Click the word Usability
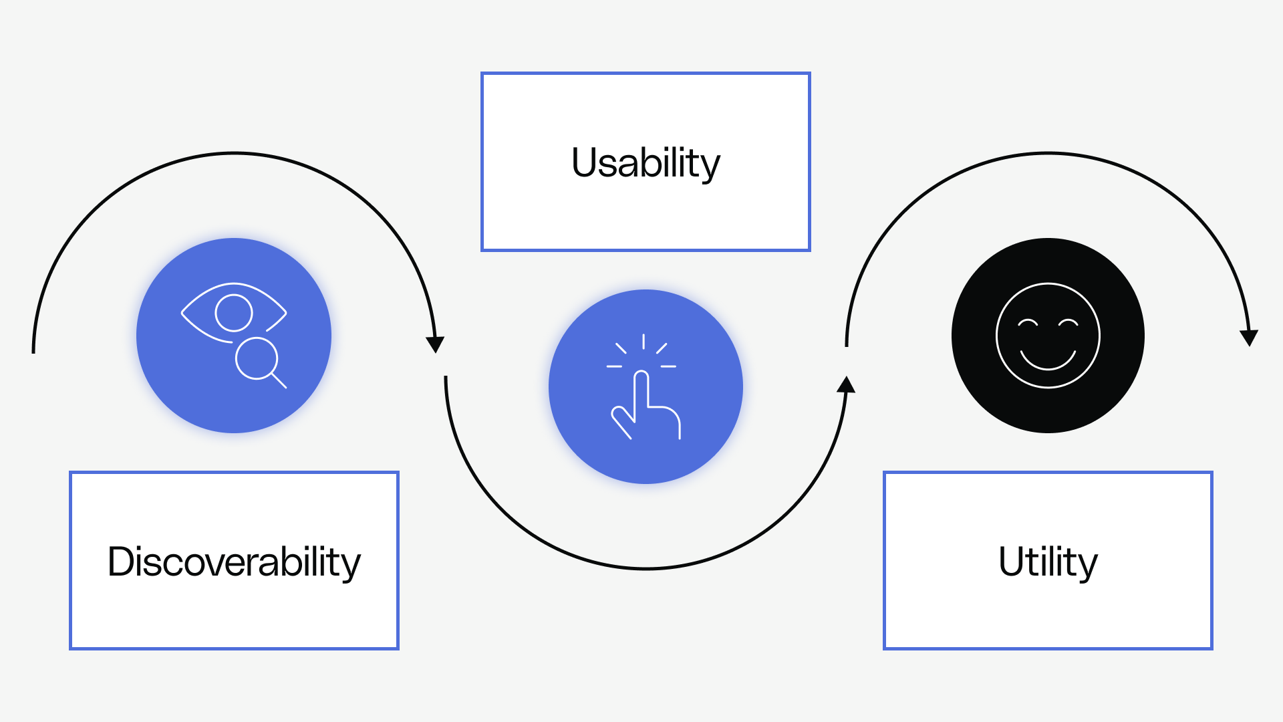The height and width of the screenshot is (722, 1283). pyautogui.click(x=646, y=162)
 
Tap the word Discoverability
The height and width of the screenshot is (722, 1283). pyautogui.click(x=234, y=562)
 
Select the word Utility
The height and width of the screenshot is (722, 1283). pyautogui.click(x=1048, y=562)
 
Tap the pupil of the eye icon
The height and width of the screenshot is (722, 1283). pyautogui.click(x=234, y=312)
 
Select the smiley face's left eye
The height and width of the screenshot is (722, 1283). pyautogui.click(x=1028, y=323)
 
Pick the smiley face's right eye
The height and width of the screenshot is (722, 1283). pyautogui.click(x=1068, y=323)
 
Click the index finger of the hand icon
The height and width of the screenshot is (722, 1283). pyautogui.click(x=641, y=388)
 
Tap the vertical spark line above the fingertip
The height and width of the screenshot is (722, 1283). pyautogui.click(x=644, y=342)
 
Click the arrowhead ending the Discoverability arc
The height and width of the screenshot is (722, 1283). pyautogui.click(x=435, y=344)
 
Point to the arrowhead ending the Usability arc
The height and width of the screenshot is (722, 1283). pyautogui.click(x=847, y=384)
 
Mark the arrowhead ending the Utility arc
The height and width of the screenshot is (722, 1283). pyautogui.click(x=1249, y=338)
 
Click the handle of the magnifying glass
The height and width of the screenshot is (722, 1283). pyautogui.click(x=279, y=381)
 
